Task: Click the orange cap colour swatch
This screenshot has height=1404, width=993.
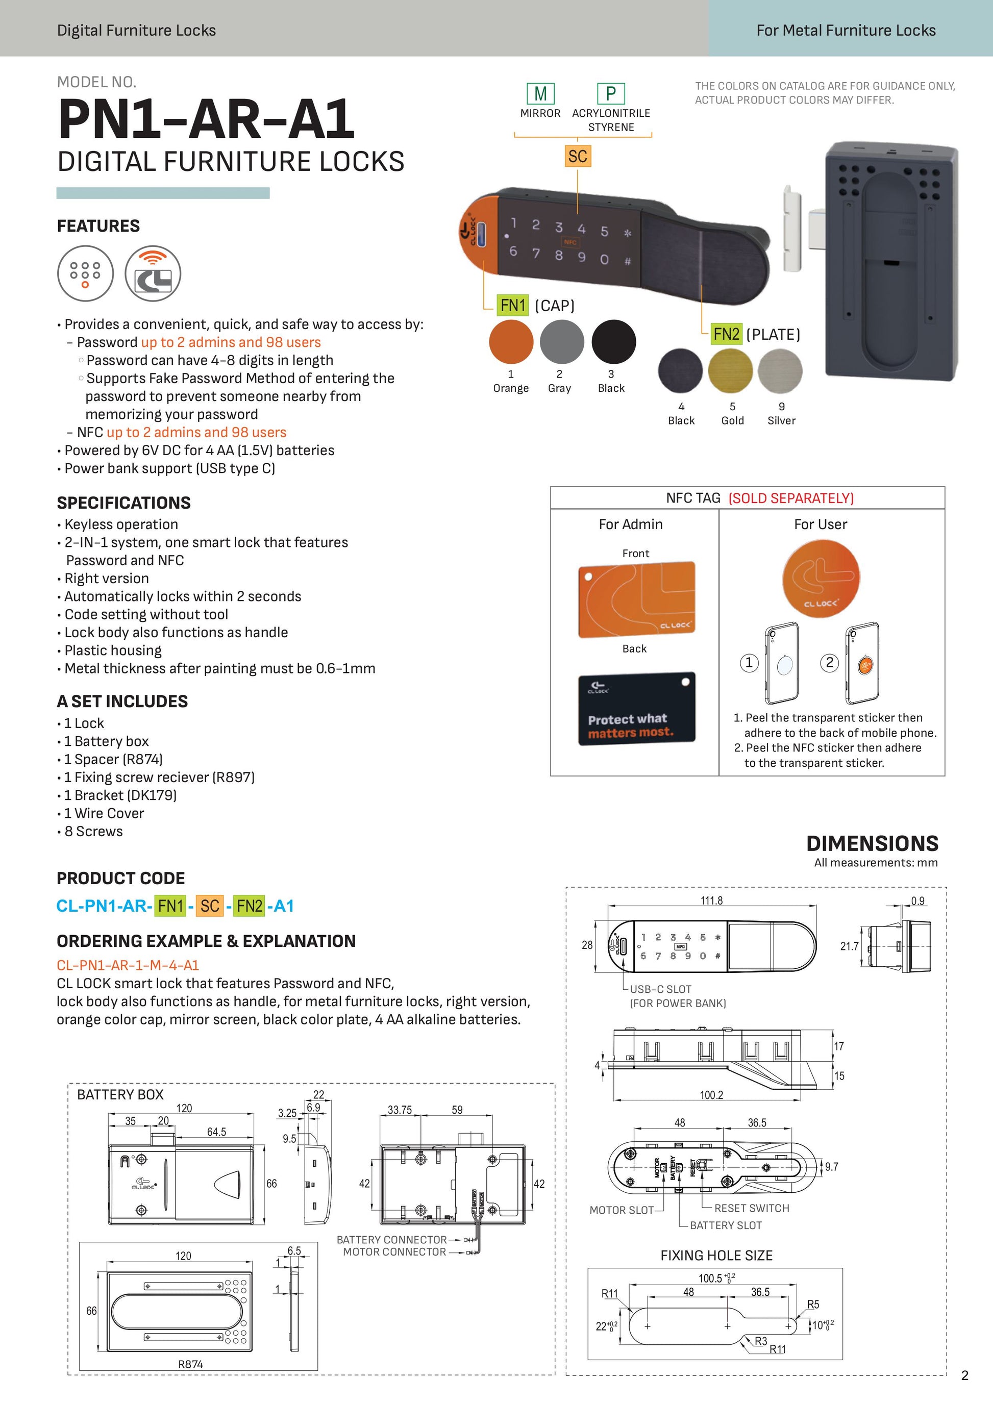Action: click(511, 342)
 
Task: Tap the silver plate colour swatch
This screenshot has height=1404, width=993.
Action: click(780, 370)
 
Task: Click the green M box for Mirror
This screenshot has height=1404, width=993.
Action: click(540, 93)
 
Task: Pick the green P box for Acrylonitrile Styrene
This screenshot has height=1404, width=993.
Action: click(610, 93)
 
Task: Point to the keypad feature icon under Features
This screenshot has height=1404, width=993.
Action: click(86, 273)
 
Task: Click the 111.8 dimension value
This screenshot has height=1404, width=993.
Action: click(711, 900)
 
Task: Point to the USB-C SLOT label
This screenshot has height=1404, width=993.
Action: click(660, 989)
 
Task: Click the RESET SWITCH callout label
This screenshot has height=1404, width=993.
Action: click(752, 1208)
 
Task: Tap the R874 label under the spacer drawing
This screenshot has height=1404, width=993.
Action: click(190, 1364)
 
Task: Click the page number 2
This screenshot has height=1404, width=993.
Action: click(965, 1375)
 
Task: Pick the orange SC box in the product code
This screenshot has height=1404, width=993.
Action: click(210, 906)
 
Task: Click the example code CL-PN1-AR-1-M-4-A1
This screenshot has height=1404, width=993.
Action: click(128, 965)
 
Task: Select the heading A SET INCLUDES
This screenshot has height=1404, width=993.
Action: click(122, 701)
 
